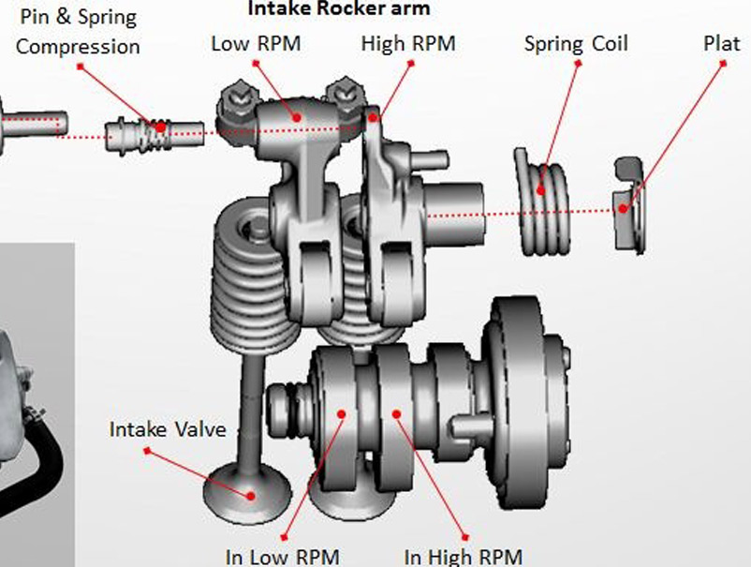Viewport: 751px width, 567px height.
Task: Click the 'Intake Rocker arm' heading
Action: (x=339, y=8)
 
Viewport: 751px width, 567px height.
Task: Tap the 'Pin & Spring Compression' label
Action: (x=78, y=32)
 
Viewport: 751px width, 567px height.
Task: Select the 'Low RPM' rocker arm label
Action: (x=257, y=44)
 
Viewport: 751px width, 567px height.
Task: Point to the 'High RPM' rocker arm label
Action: (x=408, y=44)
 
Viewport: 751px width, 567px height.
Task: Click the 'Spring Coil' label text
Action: (x=576, y=44)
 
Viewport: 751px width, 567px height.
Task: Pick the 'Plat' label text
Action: (x=722, y=44)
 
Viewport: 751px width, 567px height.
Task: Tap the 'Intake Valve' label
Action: (x=168, y=429)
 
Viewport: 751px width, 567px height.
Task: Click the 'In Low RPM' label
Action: (x=283, y=558)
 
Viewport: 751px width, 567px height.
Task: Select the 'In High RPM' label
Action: (x=464, y=558)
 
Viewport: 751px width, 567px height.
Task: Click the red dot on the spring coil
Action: (x=540, y=190)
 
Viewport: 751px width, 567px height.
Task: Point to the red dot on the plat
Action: (x=623, y=208)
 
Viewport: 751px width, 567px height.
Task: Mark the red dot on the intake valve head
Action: (x=251, y=496)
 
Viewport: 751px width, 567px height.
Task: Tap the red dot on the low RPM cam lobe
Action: (x=342, y=413)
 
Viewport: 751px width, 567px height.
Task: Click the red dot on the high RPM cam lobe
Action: (x=397, y=413)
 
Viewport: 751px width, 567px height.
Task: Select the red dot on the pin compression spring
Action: (x=161, y=127)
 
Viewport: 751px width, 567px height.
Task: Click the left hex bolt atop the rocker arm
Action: (x=237, y=98)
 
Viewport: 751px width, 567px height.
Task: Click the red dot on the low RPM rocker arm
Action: (x=297, y=117)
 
